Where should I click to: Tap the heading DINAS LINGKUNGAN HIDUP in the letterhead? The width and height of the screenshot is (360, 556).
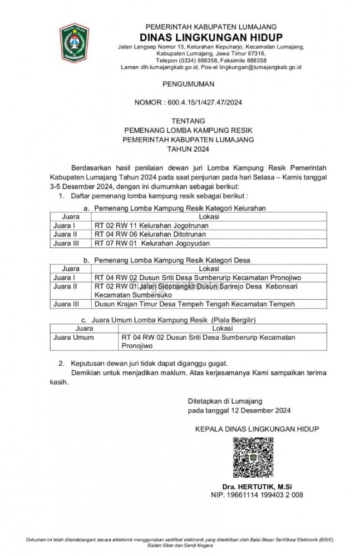click(x=211, y=36)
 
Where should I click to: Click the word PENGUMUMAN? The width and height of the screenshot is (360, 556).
click(x=188, y=83)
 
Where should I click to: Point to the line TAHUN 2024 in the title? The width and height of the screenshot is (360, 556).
click(x=188, y=150)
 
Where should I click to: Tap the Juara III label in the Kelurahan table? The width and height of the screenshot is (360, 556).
click(x=66, y=243)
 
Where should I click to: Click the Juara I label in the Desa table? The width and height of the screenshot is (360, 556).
click(x=63, y=277)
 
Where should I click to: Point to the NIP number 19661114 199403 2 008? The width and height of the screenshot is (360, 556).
click(x=257, y=494)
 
